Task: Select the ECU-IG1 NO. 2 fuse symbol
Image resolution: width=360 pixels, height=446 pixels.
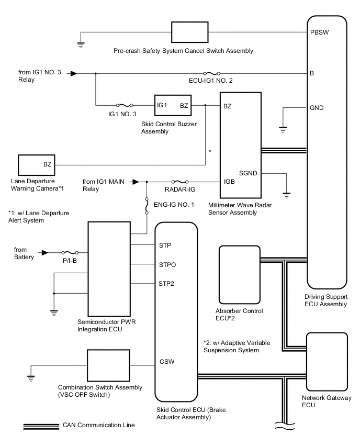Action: point(210,73)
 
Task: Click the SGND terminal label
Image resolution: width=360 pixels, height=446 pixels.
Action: point(248,173)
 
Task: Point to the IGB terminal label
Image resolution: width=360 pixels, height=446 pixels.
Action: point(229,182)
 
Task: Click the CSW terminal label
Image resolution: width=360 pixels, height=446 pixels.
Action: point(166,361)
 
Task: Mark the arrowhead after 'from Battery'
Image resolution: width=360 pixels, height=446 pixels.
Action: point(45,252)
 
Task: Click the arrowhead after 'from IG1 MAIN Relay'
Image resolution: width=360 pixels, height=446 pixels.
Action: point(135,182)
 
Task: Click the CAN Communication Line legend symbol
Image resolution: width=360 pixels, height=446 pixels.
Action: point(41,426)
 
